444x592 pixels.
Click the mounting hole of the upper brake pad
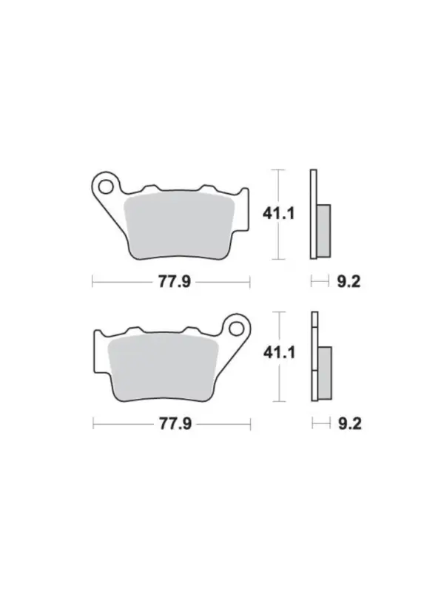pyautogui.click(x=106, y=186)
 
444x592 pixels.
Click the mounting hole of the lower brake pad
pyautogui.click(x=236, y=329)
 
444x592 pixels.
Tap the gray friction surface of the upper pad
pyautogui.click(x=180, y=226)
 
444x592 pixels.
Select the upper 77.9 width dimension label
pyautogui.click(x=175, y=282)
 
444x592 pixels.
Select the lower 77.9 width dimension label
pyautogui.click(x=175, y=423)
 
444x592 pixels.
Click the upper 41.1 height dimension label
pyautogui.click(x=279, y=214)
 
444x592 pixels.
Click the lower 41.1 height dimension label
pyautogui.click(x=280, y=353)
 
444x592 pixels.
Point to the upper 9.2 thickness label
pyautogui.click(x=349, y=282)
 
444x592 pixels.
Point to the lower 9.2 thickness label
pyautogui.click(x=350, y=423)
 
